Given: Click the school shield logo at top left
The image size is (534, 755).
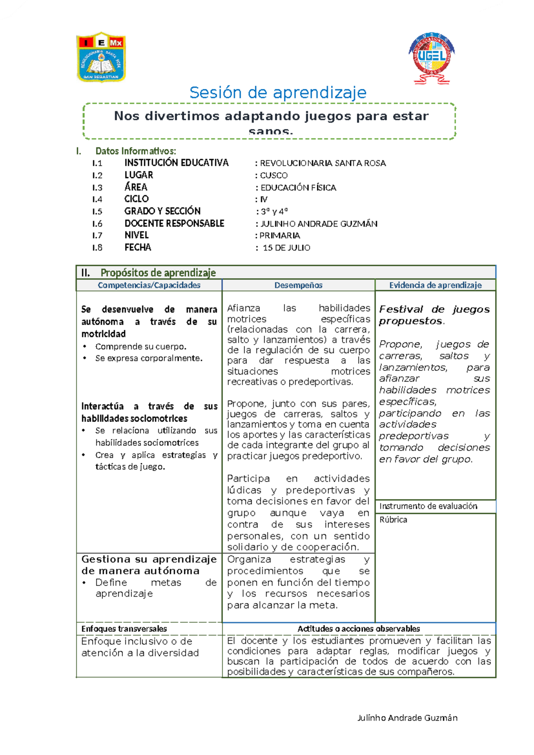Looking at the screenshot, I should point(101,57).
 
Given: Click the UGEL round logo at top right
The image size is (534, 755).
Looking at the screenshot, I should point(431,58).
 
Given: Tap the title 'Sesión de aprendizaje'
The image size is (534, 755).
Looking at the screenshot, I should point(278,93).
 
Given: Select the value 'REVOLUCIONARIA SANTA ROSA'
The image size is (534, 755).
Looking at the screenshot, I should point(323,163).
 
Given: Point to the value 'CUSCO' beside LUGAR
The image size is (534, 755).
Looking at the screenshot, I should point(274,175).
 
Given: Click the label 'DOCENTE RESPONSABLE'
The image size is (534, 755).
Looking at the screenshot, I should point(174,223).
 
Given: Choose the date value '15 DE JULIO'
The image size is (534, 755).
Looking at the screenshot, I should point(286,248).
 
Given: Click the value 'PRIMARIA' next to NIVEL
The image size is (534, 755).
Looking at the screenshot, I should point(279,235).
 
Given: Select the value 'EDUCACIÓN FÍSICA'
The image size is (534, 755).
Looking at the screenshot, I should point(298,187).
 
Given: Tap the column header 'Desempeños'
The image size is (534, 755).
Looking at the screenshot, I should point(298,285).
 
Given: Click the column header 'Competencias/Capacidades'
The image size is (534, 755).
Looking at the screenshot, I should point(149,285).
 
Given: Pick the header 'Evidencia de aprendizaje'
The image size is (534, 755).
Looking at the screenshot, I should point(435,285).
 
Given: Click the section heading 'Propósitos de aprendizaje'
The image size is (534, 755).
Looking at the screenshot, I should point(158,272).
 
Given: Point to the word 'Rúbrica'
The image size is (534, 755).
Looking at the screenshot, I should point(393,520).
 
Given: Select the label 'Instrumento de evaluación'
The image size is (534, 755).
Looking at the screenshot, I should point(428,506).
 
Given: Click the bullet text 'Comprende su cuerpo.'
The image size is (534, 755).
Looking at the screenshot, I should point(141,346).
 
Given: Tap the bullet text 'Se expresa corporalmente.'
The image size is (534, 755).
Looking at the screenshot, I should point(149,358).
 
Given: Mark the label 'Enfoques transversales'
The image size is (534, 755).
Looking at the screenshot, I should point(124,629).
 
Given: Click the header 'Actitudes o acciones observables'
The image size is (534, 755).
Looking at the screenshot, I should point(358,629).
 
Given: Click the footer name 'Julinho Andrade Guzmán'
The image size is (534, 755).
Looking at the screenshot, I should point(407,718).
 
